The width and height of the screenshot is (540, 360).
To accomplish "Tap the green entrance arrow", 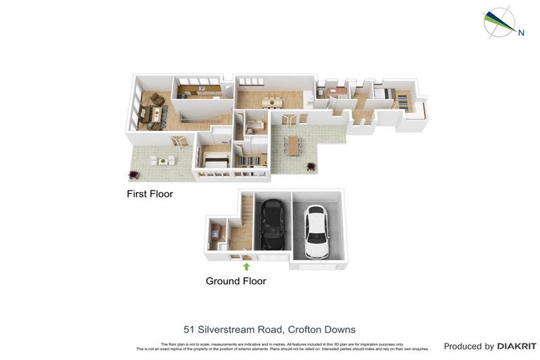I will tap(246, 266).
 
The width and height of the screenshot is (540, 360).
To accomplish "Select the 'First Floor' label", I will tap(149, 193).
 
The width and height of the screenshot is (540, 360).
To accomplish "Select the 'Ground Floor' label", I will tap(236, 281).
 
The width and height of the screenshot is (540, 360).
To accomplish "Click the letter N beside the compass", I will tap(521, 32).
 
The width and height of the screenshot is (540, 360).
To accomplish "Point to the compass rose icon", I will tap(499, 22).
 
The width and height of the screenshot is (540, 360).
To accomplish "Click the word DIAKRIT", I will tap(517, 346).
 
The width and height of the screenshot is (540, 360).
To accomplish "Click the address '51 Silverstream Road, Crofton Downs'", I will tap(269, 329).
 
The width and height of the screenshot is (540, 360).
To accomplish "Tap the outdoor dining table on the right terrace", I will tap(293, 146).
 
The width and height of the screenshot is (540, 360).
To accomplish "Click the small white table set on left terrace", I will tap(163, 161).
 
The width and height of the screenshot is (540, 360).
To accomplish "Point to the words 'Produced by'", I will tap(468, 346).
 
